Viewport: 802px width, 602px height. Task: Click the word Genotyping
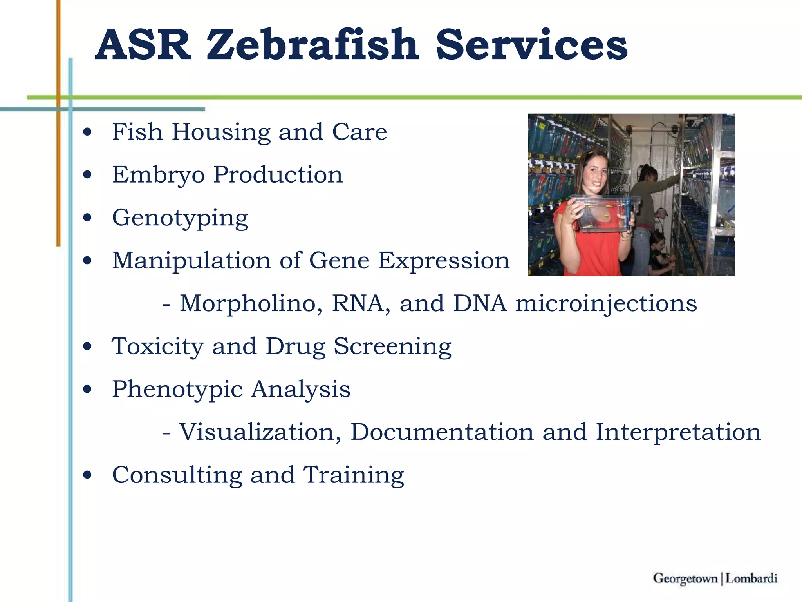(x=180, y=218)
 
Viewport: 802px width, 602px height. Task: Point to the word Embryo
(x=158, y=175)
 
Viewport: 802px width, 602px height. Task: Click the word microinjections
(x=606, y=303)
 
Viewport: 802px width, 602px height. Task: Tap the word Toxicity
(x=157, y=346)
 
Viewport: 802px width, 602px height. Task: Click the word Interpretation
(x=678, y=432)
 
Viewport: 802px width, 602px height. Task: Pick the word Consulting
(x=177, y=475)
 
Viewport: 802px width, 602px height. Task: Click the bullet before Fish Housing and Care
(x=87, y=132)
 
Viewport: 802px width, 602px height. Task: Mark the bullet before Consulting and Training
(x=87, y=475)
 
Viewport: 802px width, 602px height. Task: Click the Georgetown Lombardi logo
(x=715, y=578)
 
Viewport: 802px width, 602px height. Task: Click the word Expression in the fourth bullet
(x=444, y=261)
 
